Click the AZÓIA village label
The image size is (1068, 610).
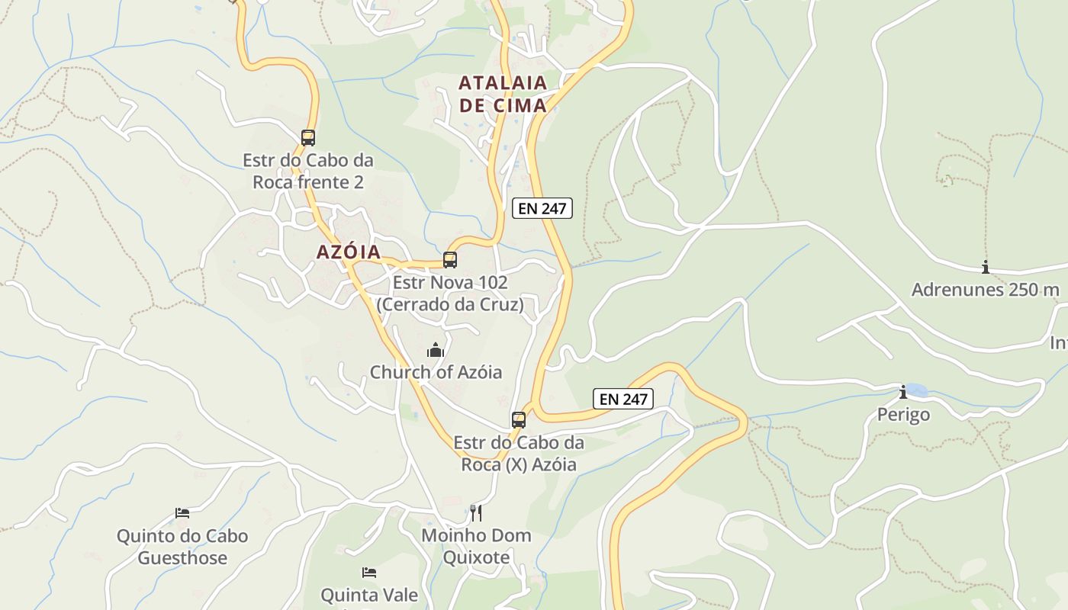tap(349, 252)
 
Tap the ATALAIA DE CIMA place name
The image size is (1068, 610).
tap(503, 94)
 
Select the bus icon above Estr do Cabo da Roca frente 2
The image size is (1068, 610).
tap(308, 138)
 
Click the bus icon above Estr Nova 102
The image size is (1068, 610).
tap(450, 260)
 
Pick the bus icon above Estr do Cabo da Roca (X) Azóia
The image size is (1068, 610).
tap(519, 420)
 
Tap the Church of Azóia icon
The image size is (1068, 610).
tap(436, 350)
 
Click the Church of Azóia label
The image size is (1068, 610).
tap(436, 372)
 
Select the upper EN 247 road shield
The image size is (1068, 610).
tap(542, 208)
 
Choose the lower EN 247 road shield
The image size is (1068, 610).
tap(623, 399)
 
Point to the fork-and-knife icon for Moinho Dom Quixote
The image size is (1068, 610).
tap(476, 512)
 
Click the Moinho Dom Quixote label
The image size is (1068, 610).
tap(476, 546)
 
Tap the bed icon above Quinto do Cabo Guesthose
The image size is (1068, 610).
tap(182, 513)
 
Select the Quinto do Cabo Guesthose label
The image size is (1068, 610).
tap(182, 547)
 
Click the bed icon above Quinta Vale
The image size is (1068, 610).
tap(369, 572)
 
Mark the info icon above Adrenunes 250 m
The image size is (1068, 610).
tap(986, 267)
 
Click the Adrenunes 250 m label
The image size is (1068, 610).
tap(986, 290)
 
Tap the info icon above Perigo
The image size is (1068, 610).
tap(903, 392)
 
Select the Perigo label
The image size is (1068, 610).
tap(903, 414)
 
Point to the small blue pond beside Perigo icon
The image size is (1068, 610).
tap(918, 390)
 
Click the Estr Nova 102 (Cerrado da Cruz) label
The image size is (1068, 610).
tap(450, 294)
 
